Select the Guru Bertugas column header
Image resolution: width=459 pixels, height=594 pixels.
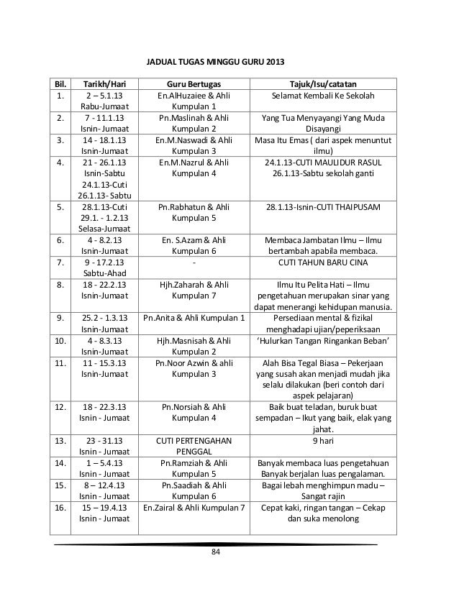[194, 83]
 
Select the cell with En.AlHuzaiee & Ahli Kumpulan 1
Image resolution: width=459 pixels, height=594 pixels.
[194, 102]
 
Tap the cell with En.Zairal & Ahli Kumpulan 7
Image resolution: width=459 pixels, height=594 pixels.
[194, 508]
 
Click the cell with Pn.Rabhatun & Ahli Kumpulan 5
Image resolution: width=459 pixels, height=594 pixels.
[194, 213]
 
